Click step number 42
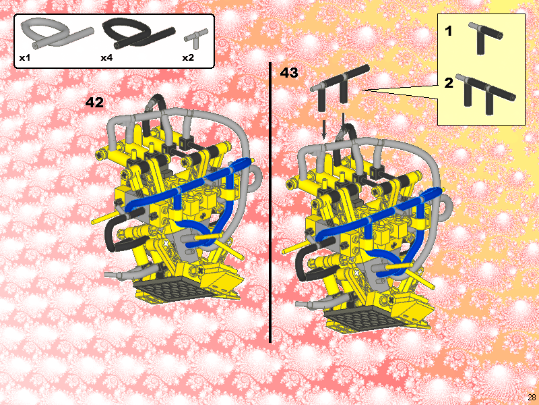click(94, 103)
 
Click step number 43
click(289, 73)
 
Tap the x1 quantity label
click(25, 58)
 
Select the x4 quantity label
click(106, 58)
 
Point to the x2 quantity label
click(188, 58)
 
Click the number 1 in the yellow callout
click(449, 31)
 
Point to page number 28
click(532, 397)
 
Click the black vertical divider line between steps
click(270, 202)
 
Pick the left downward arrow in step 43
click(325, 128)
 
